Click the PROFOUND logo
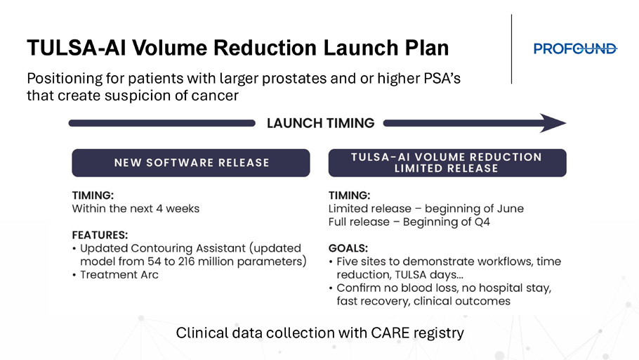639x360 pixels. (x=575, y=49)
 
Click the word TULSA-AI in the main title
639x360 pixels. (x=77, y=48)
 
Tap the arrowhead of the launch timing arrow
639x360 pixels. (x=553, y=123)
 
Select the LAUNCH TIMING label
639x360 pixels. (x=320, y=123)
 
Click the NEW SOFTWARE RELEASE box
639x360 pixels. (x=191, y=163)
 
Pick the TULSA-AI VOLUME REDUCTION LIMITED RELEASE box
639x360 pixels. (x=447, y=163)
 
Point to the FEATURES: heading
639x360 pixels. (x=100, y=235)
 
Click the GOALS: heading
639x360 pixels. (x=348, y=248)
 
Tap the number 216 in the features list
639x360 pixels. (x=186, y=262)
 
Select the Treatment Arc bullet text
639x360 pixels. (x=119, y=275)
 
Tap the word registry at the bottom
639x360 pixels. (x=438, y=333)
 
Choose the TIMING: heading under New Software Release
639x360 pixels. (x=93, y=195)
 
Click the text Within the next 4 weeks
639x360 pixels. (x=136, y=209)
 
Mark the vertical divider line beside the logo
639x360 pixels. (x=511, y=49)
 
